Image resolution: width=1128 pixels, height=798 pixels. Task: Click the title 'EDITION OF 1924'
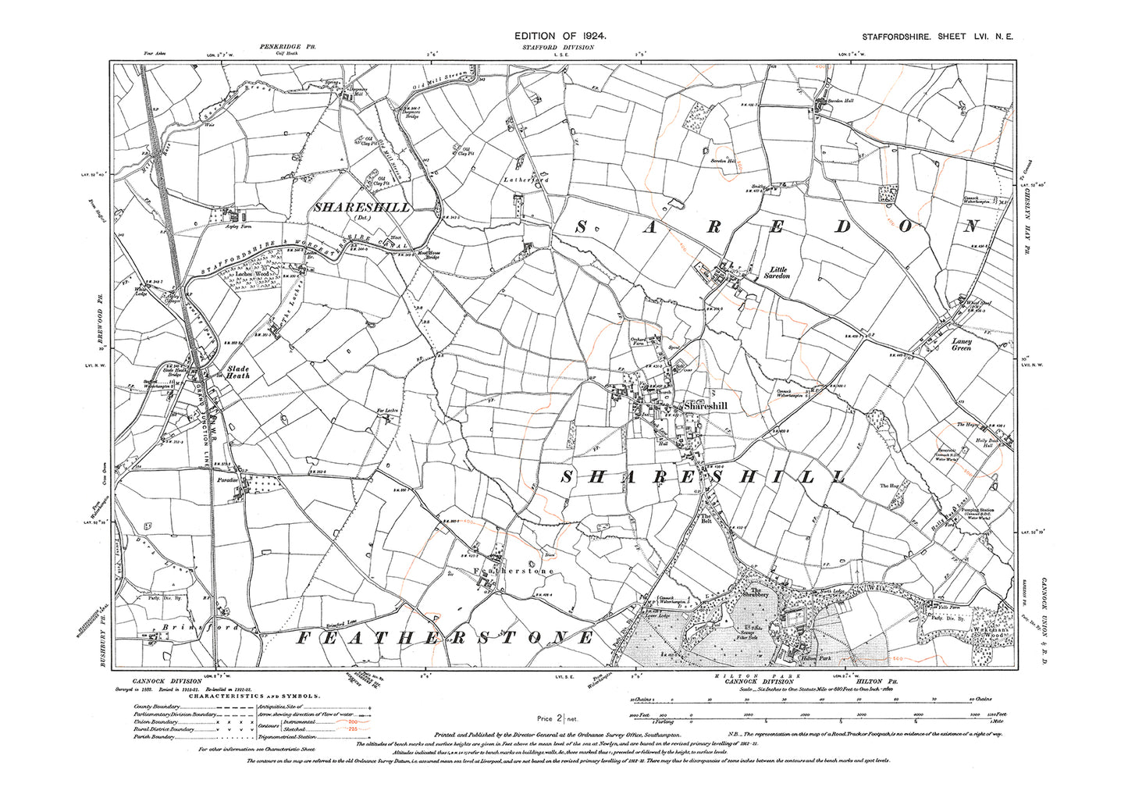tap(560, 37)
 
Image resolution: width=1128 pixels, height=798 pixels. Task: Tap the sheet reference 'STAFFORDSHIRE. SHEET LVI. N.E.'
tap(938, 37)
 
